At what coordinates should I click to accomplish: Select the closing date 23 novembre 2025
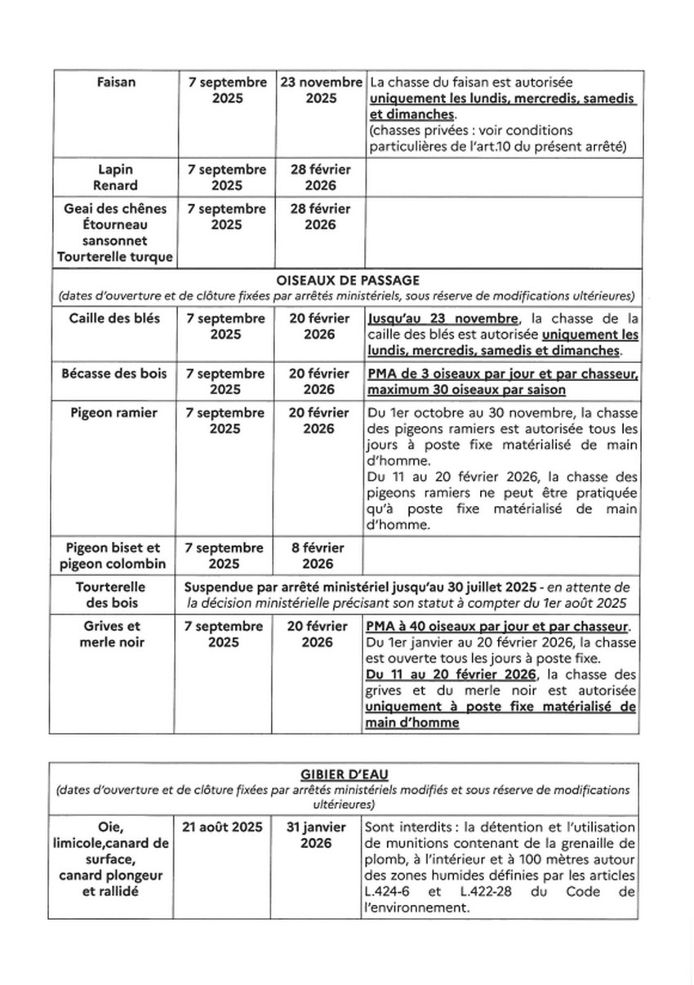321,90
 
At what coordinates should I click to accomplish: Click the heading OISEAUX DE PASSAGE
346,280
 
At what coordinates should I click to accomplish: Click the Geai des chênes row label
115,209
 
